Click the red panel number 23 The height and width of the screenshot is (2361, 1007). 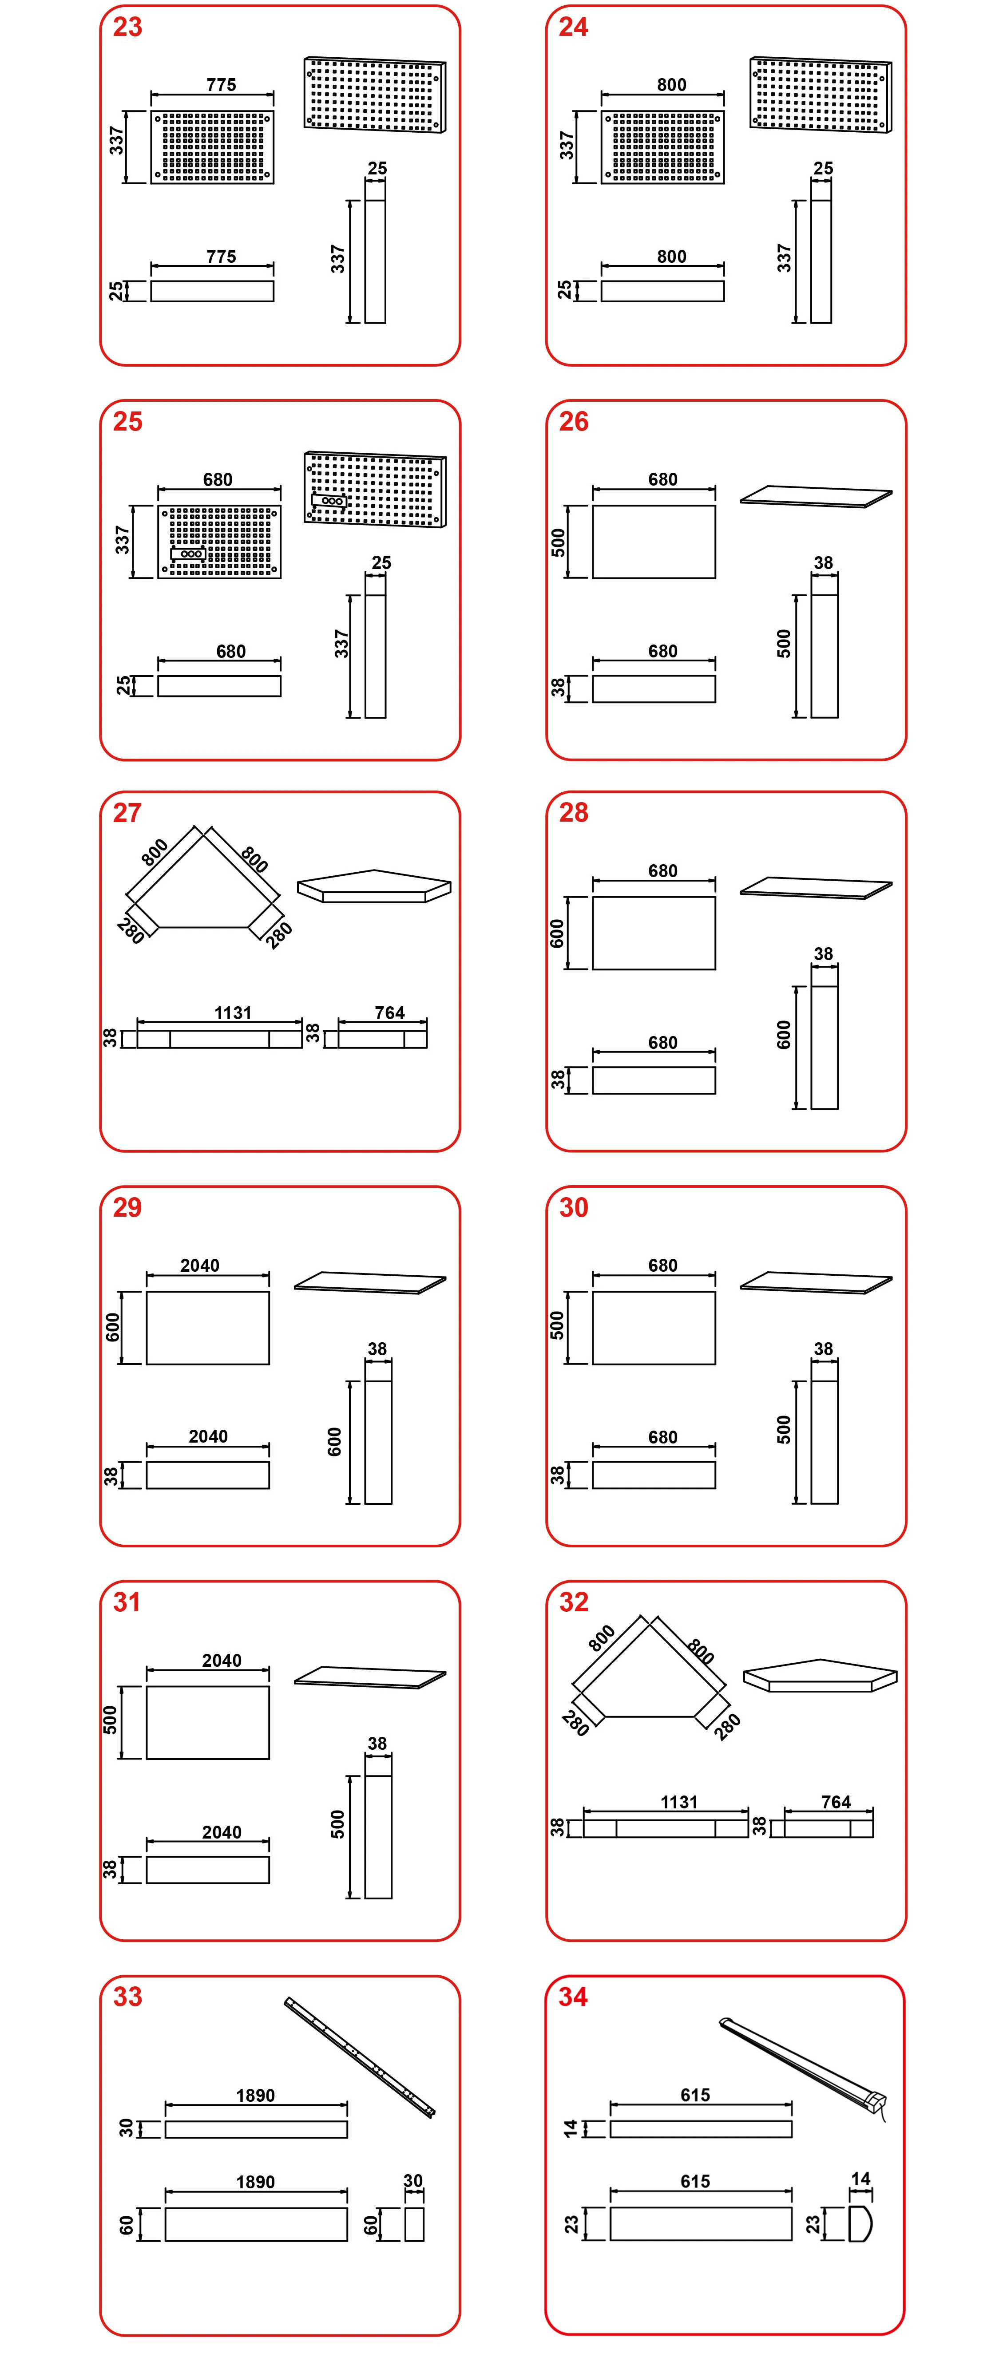pyautogui.click(x=127, y=28)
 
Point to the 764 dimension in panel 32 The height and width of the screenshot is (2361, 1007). pyautogui.click(x=836, y=1802)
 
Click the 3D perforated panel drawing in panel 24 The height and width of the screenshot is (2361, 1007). pyautogui.click(x=820, y=95)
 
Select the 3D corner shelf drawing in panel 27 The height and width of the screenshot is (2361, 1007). pyautogui.click(x=374, y=886)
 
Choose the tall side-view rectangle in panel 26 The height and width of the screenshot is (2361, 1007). pyautogui.click(x=825, y=656)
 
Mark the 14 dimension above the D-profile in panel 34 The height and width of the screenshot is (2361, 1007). pyautogui.click(x=860, y=2179)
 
